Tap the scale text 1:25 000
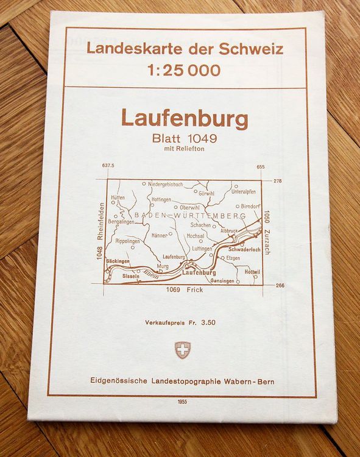pos(184,71)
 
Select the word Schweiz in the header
pos(252,49)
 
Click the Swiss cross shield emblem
pos(183,350)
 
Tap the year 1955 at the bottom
pos(183,402)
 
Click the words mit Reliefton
pos(185,149)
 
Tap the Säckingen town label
pos(118,261)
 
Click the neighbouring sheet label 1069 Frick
pos(185,290)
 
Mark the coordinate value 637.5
pos(108,166)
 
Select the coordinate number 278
pos(277,181)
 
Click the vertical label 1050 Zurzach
pos(267,232)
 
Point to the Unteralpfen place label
pos(243,191)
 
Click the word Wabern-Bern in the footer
pos(249,381)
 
